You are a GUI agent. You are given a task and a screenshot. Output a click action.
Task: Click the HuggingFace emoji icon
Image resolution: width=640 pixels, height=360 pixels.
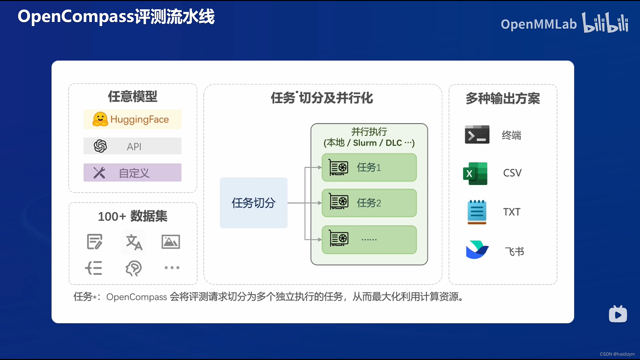[100, 119]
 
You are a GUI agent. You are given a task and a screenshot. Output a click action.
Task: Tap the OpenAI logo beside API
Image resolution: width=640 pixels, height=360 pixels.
[100, 146]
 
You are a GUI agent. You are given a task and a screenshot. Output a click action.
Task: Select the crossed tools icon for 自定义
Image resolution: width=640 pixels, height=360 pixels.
[99, 173]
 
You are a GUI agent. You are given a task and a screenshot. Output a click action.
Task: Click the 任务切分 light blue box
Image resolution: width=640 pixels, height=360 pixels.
[253, 203]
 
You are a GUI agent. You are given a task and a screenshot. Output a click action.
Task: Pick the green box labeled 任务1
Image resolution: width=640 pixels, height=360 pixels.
[369, 167]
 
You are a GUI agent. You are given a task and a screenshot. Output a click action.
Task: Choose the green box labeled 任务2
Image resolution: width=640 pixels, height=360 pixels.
[369, 203]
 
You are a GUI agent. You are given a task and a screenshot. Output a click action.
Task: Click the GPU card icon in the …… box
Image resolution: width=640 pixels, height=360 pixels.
[339, 239]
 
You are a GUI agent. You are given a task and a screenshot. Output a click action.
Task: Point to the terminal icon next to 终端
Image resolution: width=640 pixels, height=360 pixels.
[477, 135]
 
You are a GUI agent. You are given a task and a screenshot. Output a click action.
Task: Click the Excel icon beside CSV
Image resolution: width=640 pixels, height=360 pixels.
[475, 173]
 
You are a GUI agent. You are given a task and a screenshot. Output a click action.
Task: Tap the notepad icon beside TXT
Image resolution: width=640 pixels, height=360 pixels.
[477, 212]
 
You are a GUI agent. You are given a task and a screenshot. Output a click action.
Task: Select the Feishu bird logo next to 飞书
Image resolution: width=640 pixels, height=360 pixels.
[477, 250]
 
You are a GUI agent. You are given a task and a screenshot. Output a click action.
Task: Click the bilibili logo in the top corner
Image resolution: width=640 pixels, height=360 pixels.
[605, 23]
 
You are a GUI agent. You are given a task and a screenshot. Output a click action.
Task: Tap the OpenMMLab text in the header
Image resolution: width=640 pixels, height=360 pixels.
[538, 24]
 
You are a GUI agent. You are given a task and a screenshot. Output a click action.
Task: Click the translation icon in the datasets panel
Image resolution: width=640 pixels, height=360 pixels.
[134, 242]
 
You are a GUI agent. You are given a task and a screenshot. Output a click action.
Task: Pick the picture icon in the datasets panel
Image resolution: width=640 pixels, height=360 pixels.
[171, 242]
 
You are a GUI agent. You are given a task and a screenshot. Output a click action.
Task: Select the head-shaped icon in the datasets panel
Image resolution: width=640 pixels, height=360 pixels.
[134, 268]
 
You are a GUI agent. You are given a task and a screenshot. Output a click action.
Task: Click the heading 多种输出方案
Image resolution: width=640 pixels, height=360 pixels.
[503, 98]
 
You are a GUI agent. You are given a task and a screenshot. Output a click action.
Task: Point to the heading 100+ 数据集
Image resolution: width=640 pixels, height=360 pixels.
[133, 216]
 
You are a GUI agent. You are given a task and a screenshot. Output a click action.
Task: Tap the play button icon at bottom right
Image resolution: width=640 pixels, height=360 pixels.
[618, 314]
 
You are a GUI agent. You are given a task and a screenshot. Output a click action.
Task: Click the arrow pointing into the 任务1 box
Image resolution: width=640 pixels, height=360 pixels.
[318, 167]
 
